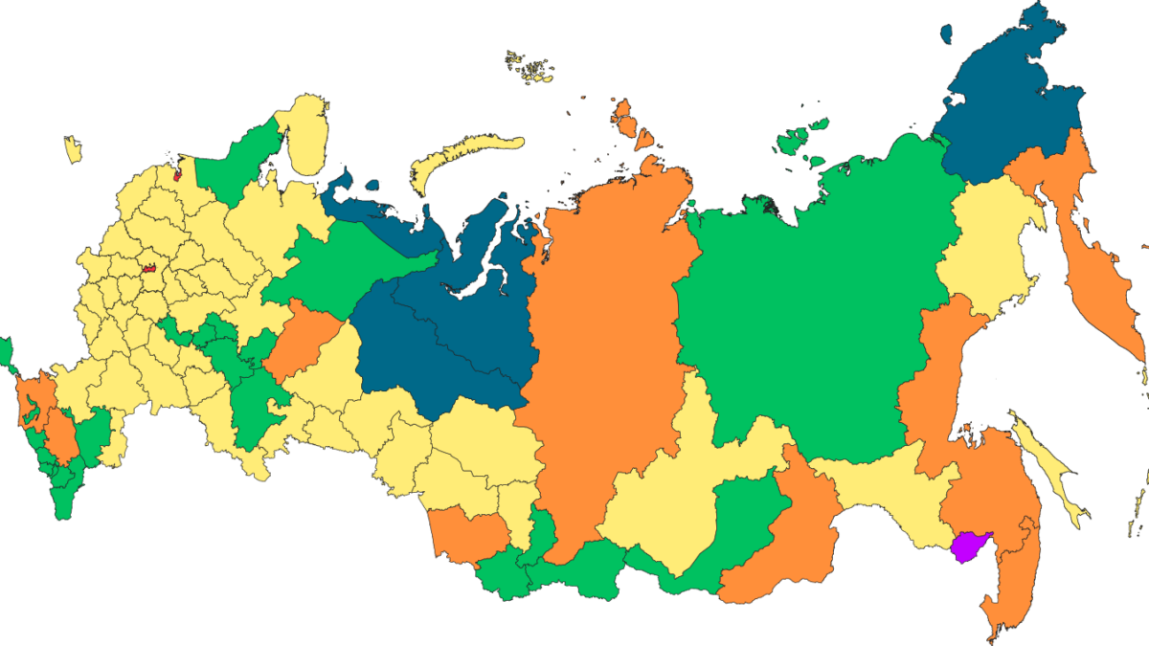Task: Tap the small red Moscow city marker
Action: click(x=149, y=270)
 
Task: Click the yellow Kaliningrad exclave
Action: click(x=73, y=149)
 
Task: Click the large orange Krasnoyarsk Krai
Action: click(x=603, y=335)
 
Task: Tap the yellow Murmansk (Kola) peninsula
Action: click(x=306, y=134)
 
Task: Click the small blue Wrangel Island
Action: click(x=947, y=34)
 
